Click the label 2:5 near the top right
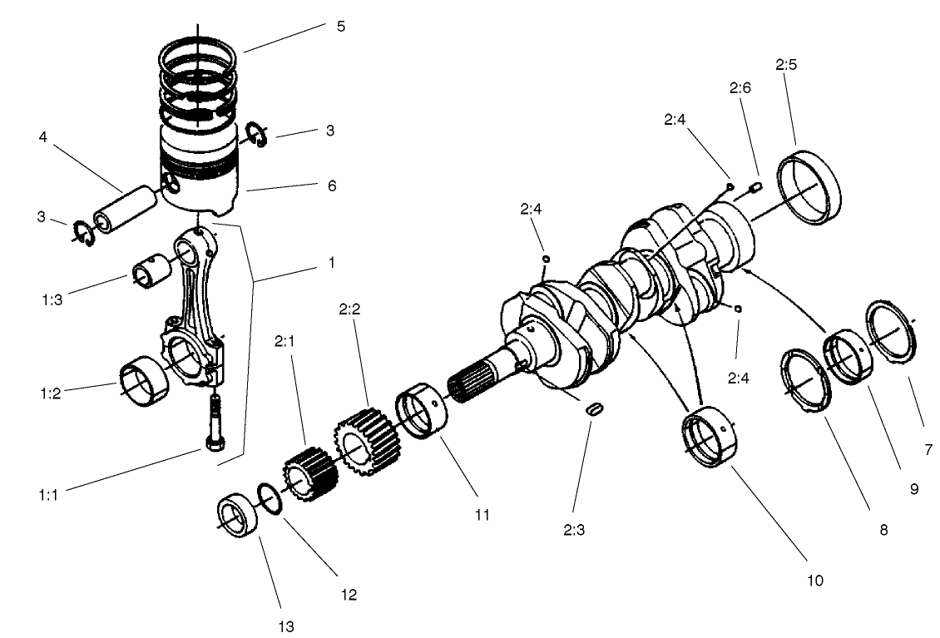(787, 63)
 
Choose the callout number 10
(814, 580)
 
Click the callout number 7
(928, 450)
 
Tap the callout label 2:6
(740, 88)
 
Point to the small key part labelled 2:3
(593, 409)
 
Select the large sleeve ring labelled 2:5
(809, 187)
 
